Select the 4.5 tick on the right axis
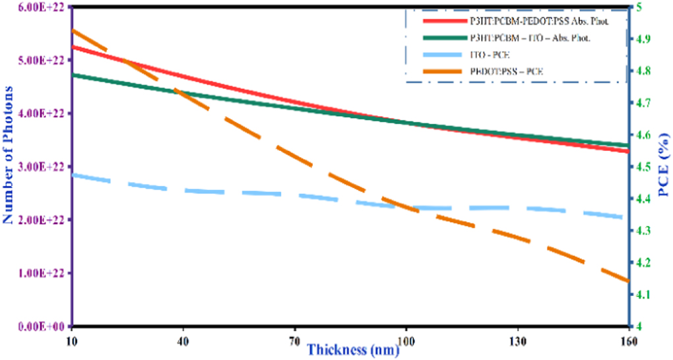639,167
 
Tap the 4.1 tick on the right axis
639,295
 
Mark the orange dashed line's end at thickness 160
627,281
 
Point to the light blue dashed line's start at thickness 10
72,175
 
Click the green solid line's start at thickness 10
72,75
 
